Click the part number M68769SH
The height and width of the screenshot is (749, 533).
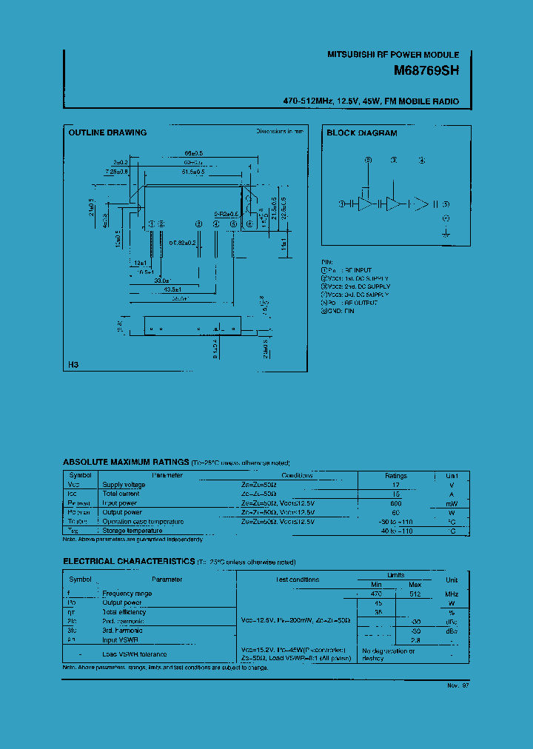coord(426,73)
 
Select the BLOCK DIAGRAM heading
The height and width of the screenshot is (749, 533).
coord(362,133)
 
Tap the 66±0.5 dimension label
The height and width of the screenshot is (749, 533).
coord(194,153)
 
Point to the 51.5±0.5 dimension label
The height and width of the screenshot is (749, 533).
coord(194,172)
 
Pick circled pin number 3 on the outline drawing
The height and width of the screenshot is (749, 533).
coord(198,224)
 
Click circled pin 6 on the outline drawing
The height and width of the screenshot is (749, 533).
coord(249,224)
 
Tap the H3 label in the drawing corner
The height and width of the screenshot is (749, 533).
coord(73,366)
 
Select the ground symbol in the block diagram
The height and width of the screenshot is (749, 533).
coord(446,232)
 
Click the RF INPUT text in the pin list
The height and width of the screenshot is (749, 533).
coord(358,270)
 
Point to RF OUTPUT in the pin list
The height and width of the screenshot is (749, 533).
coord(359,303)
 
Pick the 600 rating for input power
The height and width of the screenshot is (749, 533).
coord(396,503)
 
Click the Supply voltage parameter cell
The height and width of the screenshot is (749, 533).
coord(124,485)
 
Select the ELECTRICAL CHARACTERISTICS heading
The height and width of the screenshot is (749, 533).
coord(130,562)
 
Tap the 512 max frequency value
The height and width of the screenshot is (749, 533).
coord(415,594)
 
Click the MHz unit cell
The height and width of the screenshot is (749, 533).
coord(452,594)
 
